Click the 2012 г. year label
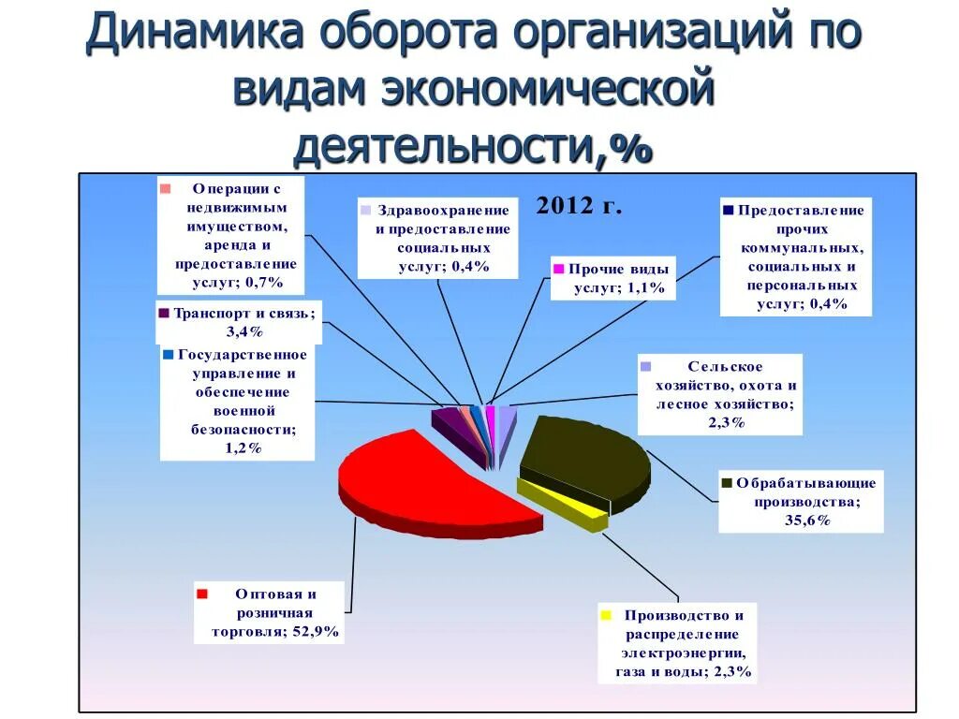pyautogui.click(x=579, y=206)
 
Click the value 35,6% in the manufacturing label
pyautogui.click(x=807, y=521)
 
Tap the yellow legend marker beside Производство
pyautogui.click(x=606, y=615)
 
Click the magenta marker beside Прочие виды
pyautogui.click(x=558, y=268)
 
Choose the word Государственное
pyautogui.click(x=243, y=355)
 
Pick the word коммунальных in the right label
pyautogui.click(x=802, y=248)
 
